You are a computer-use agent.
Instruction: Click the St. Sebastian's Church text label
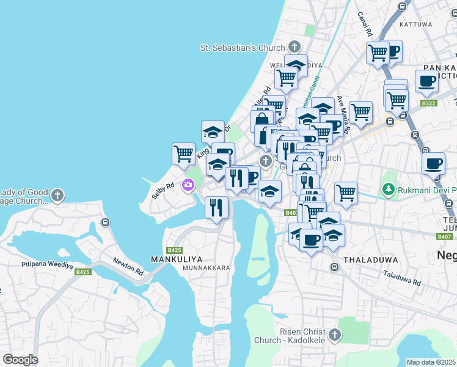coord(243,48)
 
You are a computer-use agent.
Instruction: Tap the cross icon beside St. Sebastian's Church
coord(294,47)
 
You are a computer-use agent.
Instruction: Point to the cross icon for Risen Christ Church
coord(334,335)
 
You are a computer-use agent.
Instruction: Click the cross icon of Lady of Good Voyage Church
coord(57,196)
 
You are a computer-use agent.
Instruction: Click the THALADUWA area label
coord(365,259)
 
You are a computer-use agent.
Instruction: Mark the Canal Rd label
coord(365,24)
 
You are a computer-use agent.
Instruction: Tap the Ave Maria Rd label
coord(342,114)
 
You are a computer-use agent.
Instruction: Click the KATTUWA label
coord(415,24)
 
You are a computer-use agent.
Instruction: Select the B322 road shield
coord(429,104)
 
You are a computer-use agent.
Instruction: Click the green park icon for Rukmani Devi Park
coord(387,190)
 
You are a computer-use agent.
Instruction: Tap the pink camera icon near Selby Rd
coord(188,184)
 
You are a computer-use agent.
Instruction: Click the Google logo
coord(20,360)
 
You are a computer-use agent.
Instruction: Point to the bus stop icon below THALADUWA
coord(334,267)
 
